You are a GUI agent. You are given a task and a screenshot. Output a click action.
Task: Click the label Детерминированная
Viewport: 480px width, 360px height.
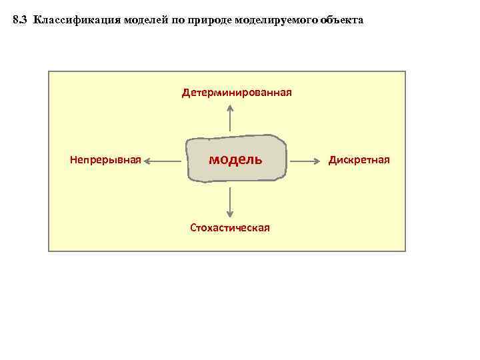point(237,92)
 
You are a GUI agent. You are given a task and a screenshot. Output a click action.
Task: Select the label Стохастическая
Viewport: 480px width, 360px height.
point(229,227)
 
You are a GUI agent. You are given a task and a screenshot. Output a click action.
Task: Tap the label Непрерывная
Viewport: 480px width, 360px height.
point(105,160)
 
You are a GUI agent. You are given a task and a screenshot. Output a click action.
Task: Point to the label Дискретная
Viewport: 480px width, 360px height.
point(359,160)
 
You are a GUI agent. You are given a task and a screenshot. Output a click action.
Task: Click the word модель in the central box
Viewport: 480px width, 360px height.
point(235,159)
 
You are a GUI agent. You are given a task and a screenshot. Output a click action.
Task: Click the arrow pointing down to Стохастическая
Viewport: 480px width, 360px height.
point(229,201)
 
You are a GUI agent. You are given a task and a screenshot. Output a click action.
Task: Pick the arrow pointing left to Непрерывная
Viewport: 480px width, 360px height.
point(163,160)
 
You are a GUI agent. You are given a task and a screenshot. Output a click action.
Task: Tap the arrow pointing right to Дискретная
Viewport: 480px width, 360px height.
point(307,160)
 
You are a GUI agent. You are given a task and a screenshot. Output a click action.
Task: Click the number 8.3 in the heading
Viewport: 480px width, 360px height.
point(21,21)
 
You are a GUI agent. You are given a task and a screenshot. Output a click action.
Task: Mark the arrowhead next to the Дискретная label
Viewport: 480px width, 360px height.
point(319,160)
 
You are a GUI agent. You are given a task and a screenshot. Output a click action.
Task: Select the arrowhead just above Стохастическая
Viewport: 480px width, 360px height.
point(229,213)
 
